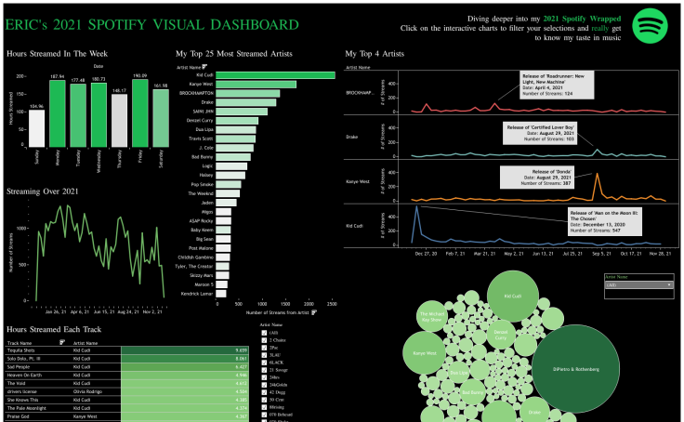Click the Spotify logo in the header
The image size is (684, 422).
click(651, 26)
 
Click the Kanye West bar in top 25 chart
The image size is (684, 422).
click(256, 85)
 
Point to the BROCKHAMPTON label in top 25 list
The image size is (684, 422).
click(196, 94)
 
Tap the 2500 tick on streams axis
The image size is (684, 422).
click(332, 303)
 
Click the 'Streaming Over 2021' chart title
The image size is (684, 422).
click(50, 191)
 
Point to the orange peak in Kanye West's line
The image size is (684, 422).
click(597, 175)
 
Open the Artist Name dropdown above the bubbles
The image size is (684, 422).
click(638, 284)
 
